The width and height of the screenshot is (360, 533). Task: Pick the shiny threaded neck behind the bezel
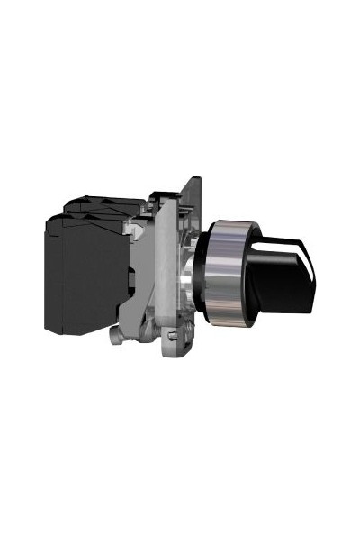click(192, 270)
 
